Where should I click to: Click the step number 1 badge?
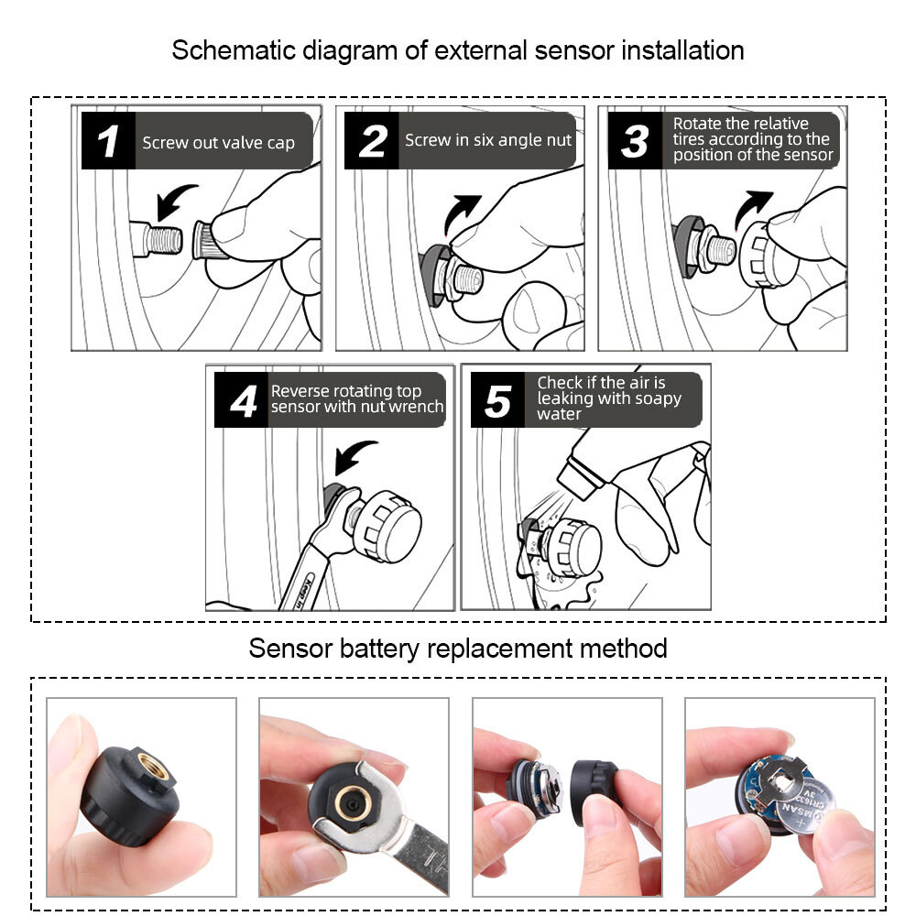108,142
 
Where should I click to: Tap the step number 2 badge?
372,142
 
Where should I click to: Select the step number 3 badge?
635,142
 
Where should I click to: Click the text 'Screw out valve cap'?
218,143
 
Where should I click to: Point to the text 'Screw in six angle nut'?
487,140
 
